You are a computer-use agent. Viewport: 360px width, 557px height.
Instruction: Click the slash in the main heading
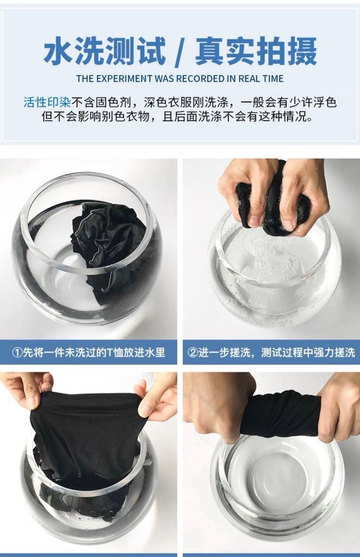click(x=180, y=52)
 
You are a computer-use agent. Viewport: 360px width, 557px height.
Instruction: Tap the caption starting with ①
click(x=88, y=352)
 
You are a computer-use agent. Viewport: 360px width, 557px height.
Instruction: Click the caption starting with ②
click(x=271, y=352)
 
